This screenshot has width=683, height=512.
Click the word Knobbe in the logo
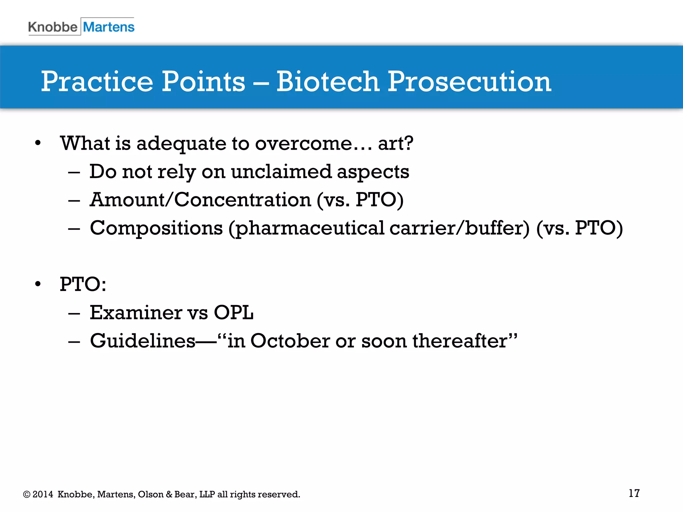(53, 27)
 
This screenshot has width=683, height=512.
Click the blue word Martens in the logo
(109, 27)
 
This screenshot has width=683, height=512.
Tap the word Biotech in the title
(327, 82)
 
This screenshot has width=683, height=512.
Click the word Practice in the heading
(97, 82)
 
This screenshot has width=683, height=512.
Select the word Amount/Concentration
(200, 200)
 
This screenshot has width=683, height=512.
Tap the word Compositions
(156, 228)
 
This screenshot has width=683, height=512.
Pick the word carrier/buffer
(459, 228)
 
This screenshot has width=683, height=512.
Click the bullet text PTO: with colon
(83, 284)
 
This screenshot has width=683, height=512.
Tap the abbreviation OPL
(233, 313)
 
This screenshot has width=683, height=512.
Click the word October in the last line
(290, 341)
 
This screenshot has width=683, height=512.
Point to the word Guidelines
(143, 341)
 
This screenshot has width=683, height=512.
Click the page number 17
(634, 493)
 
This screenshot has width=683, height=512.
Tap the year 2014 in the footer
(43, 494)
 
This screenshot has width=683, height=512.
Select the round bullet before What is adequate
(38, 143)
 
